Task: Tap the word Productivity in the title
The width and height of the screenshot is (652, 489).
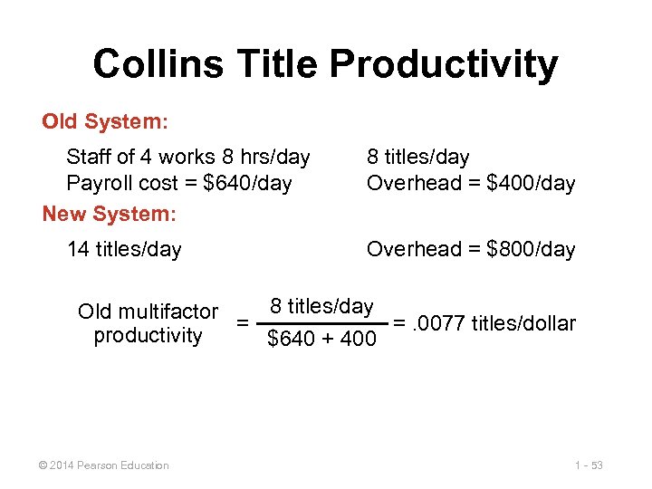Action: [x=444, y=64]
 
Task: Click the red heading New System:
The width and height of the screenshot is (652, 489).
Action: [x=110, y=214]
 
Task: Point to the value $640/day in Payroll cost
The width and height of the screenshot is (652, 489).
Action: [x=247, y=184]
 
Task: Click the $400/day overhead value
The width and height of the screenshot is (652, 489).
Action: [x=531, y=184]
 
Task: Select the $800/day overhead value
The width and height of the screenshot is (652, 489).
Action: [x=531, y=250]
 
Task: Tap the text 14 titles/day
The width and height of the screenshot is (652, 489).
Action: [x=124, y=250]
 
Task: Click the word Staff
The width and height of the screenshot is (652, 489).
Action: [x=90, y=158]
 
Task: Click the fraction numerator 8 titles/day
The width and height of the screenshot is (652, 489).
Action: [x=321, y=306]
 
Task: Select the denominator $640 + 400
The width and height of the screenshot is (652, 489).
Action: [x=321, y=340]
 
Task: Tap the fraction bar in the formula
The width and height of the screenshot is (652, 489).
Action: [x=321, y=323]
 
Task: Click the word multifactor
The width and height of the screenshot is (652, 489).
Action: [x=170, y=312]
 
